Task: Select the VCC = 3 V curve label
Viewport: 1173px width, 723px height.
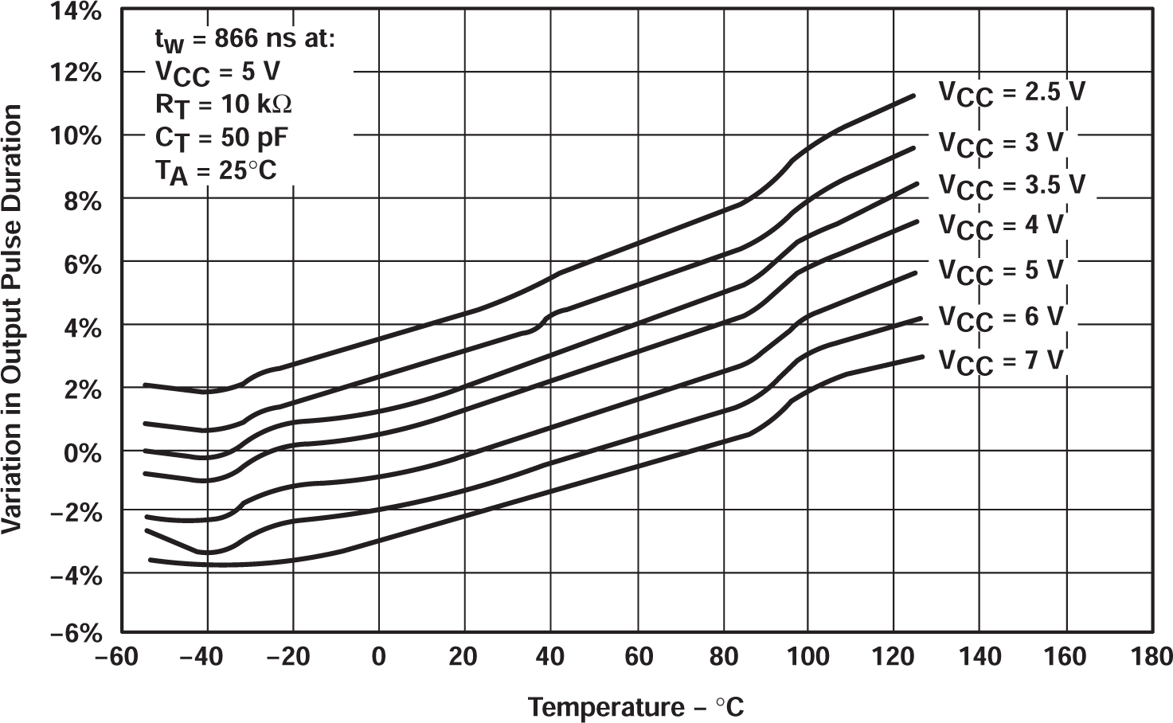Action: [x=1001, y=144]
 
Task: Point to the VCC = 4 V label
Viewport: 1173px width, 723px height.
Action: [x=1001, y=226]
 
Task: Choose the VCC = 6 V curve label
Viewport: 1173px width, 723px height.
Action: [x=1001, y=318]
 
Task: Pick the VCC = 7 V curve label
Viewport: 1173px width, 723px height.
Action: [x=1001, y=361]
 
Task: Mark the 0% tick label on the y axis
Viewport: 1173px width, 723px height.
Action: [x=84, y=451]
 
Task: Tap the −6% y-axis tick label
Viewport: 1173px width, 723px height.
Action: [x=76, y=634]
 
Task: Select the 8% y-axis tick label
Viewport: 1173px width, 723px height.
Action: [x=84, y=201]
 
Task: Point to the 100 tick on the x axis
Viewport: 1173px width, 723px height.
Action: [x=807, y=657]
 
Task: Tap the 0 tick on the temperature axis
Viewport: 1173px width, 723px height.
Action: [x=379, y=657]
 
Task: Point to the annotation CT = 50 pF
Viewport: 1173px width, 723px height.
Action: [x=221, y=138]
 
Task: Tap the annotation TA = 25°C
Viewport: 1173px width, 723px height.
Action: [x=216, y=170]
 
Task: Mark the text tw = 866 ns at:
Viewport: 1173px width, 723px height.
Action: [x=244, y=39]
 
